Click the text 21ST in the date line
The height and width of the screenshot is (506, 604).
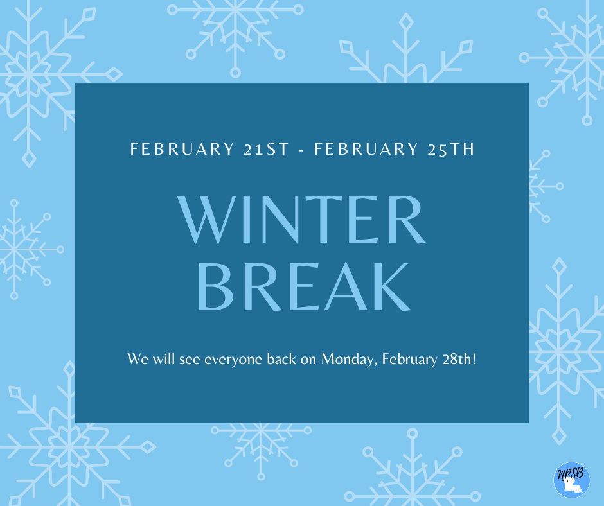[266, 149]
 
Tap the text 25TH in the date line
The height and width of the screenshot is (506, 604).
[451, 149]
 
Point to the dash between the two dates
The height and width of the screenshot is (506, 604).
[301, 150]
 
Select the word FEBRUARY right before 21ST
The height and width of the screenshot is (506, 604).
[182, 149]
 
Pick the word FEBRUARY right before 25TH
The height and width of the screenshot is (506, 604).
[366, 149]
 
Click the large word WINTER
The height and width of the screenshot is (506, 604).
[301, 220]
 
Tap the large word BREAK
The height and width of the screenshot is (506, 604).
[305, 286]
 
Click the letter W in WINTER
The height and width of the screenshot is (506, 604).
[207, 220]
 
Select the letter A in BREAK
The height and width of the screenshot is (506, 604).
[346, 286]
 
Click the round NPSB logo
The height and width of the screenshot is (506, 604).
[572, 480]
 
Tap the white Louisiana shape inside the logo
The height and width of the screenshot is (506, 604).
[572, 485]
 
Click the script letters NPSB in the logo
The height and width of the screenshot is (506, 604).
[571, 474]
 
